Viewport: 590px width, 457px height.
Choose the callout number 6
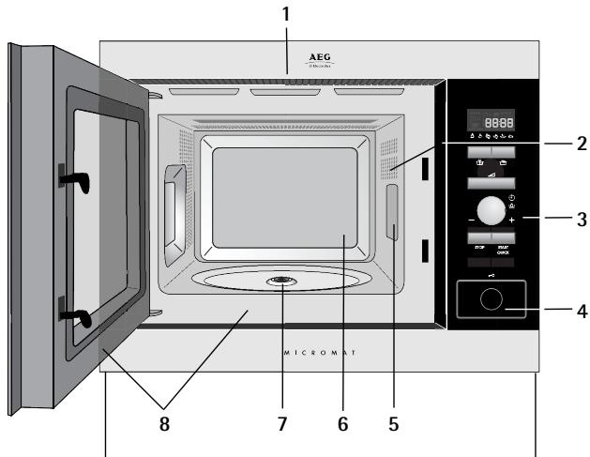click(342, 425)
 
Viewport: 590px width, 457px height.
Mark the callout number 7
click(281, 425)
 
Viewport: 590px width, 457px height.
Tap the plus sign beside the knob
click(512, 220)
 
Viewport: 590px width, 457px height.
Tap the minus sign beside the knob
click(470, 220)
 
